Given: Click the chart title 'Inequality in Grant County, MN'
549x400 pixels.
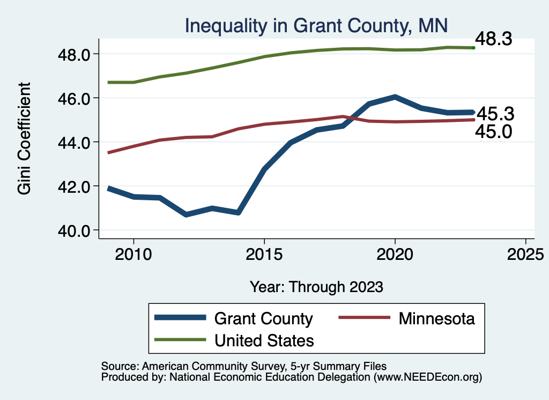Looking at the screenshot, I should click(x=316, y=25).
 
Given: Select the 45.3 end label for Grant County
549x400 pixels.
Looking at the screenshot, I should click(x=495, y=114).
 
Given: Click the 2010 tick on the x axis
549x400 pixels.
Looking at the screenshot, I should click(x=133, y=254).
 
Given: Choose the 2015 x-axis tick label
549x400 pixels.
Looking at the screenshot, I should click(x=264, y=254).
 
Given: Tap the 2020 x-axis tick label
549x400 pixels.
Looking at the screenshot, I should click(x=395, y=254).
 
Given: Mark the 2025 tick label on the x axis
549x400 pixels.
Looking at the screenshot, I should click(x=525, y=254).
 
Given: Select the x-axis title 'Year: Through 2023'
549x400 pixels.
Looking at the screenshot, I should click(x=316, y=287).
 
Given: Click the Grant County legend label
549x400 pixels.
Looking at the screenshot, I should click(x=263, y=318).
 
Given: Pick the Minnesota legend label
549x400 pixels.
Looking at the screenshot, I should click(x=436, y=318).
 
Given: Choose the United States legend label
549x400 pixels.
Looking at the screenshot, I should click(x=264, y=340).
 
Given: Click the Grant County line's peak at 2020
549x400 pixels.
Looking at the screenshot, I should click(x=395, y=97).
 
